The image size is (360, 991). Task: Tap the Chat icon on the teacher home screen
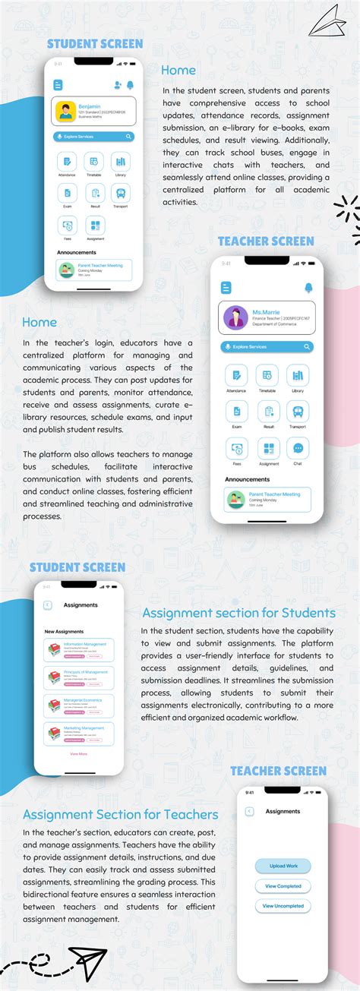(298, 448)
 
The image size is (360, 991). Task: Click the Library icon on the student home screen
(120, 161)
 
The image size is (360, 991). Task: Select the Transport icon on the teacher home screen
(298, 412)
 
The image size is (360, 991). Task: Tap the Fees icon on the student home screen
(68, 225)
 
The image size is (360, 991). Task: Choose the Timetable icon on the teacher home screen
(267, 374)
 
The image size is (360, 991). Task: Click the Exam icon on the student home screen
(68, 193)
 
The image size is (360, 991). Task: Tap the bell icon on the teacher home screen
(309, 288)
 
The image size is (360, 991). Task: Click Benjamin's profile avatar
(67, 111)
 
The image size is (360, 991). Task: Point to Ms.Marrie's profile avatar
(235, 317)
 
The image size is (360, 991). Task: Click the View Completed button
(283, 886)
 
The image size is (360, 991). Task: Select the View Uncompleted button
(283, 906)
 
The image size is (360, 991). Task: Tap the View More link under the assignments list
(78, 753)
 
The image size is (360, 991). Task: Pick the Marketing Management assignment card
(78, 733)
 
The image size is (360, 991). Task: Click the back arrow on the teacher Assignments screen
(249, 811)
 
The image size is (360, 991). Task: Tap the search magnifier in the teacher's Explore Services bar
(307, 346)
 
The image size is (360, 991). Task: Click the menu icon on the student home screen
(58, 85)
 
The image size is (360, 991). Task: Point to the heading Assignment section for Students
(238, 613)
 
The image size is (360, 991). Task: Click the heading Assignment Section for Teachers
(121, 815)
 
